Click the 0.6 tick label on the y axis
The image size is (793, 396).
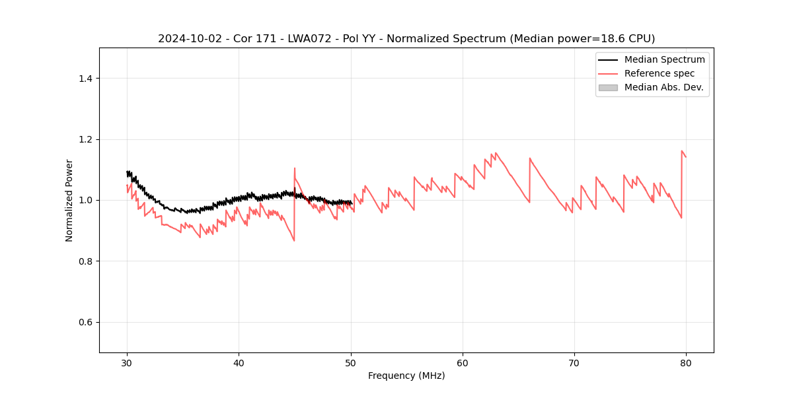[x=85, y=322]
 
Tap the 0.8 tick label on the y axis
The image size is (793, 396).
[x=85, y=261]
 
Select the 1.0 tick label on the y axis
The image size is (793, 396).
[x=85, y=200]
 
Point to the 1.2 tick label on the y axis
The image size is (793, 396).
[x=85, y=139]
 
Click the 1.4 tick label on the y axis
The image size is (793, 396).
[x=85, y=79]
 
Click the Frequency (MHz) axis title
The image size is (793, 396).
[x=406, y=376]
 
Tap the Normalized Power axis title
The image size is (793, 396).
[x=69, y=200]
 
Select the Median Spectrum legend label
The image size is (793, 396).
[x=664, y=59]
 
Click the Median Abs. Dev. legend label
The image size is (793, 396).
[x=663, y=87]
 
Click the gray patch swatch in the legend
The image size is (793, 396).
[x=608, y=87]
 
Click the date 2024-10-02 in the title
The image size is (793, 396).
[x=186, y=39]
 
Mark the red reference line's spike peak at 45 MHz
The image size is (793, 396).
[x=295, y=168]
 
